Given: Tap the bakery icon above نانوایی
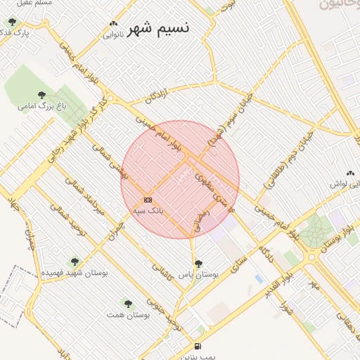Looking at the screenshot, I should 113,22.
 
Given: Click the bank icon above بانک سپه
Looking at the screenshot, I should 148,200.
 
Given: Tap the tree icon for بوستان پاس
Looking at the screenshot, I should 198,264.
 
